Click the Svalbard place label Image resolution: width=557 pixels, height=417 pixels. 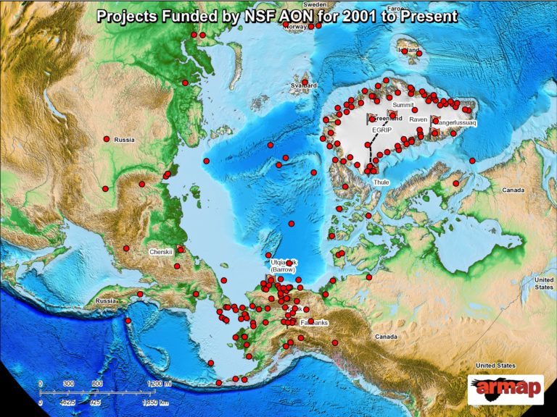point(304,85)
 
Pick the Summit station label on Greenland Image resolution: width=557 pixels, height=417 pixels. point(402,105)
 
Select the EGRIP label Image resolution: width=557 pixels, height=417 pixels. point(381,130)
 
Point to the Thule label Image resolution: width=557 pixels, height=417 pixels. point(381,182)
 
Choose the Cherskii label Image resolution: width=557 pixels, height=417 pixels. point(160,252)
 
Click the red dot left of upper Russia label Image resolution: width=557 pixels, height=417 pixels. point(107,138)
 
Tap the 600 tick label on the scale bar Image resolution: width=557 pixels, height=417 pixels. point(96,384)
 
